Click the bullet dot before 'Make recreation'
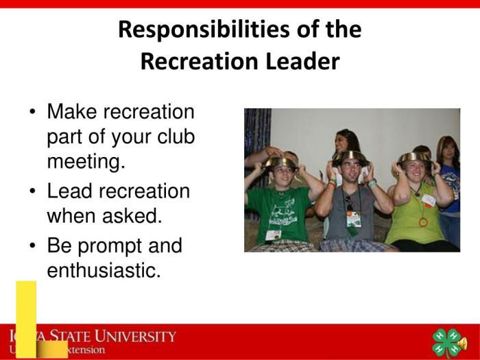click(x=33, y=112)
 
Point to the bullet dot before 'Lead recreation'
click(x=33, y=191)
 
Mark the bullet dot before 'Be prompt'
click(x=33, y=245)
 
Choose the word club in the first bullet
click(x=176, y=137)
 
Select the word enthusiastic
click(x=104, y=271)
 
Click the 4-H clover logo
click(x=447, y=342)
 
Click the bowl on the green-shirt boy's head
click(x=281, y=162)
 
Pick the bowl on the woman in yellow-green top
click(x=414, y=157)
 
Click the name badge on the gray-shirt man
click(x=354, y=219)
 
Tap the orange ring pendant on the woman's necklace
click(x=423, y=221)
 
